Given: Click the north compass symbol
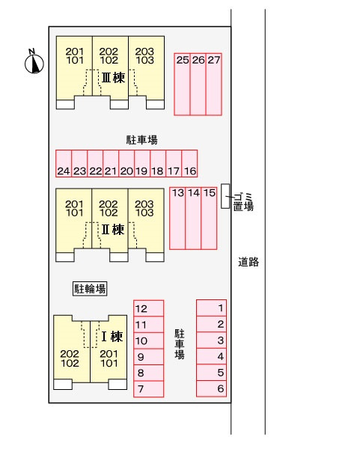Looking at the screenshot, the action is coord(34,61).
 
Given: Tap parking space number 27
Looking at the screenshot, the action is coord(213,85).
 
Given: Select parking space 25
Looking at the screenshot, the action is coord(182,85).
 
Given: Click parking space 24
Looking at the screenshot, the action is coord(64,163).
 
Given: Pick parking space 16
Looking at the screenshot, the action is coord(189,163).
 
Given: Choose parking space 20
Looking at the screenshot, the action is coord(126,163).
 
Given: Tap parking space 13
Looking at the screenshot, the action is coord(177,219).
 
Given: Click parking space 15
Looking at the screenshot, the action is coord(209,219).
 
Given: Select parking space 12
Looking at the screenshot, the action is coord(149,308).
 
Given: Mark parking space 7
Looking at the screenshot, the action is coord(149,389).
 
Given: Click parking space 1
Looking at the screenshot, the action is coord(211,308).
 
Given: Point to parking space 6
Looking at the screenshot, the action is coord(211,388).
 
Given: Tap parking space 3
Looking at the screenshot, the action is coord(211,340).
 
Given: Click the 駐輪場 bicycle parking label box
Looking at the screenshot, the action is coord(90,289).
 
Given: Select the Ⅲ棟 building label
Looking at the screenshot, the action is coord(114,78).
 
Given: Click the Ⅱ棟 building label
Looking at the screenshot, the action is coord(113,230).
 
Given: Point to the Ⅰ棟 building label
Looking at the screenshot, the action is coord(112,337).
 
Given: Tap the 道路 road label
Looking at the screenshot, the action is coord(248,262).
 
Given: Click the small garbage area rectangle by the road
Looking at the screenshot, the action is coord(225,196).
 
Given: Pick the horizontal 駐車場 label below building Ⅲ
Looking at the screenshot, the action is coord(141,140).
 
